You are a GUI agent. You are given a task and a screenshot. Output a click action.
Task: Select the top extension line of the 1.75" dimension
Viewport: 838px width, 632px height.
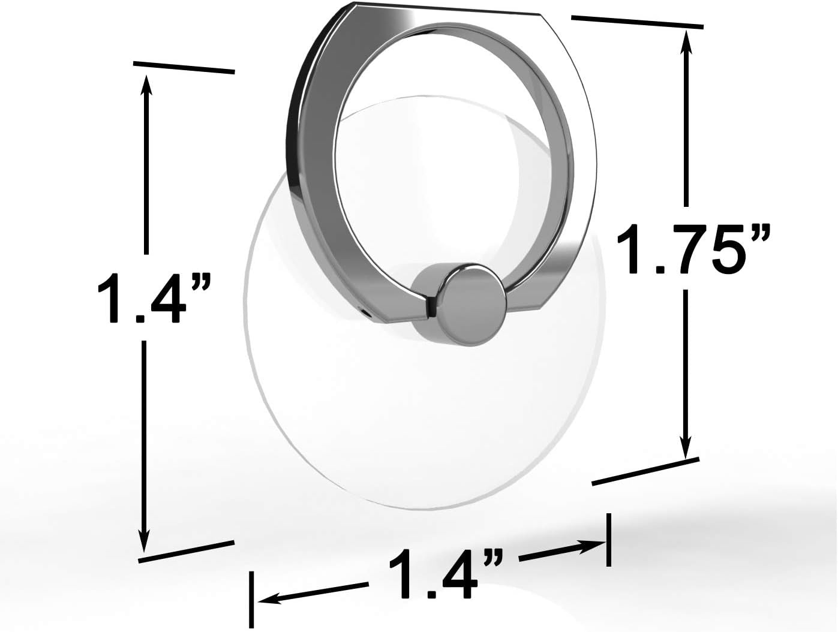[637, 22]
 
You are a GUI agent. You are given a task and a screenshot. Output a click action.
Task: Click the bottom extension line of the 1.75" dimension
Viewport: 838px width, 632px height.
[645, 471]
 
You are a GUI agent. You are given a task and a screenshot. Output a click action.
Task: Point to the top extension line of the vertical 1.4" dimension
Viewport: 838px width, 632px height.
[184, 67]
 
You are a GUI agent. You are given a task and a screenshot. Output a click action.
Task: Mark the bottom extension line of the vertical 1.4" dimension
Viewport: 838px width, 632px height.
[185, 551]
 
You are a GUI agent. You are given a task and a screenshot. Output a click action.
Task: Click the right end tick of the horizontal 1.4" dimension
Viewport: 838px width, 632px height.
[609, 540]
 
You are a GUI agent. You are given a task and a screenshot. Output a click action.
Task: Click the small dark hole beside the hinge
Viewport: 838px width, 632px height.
[367, 312]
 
